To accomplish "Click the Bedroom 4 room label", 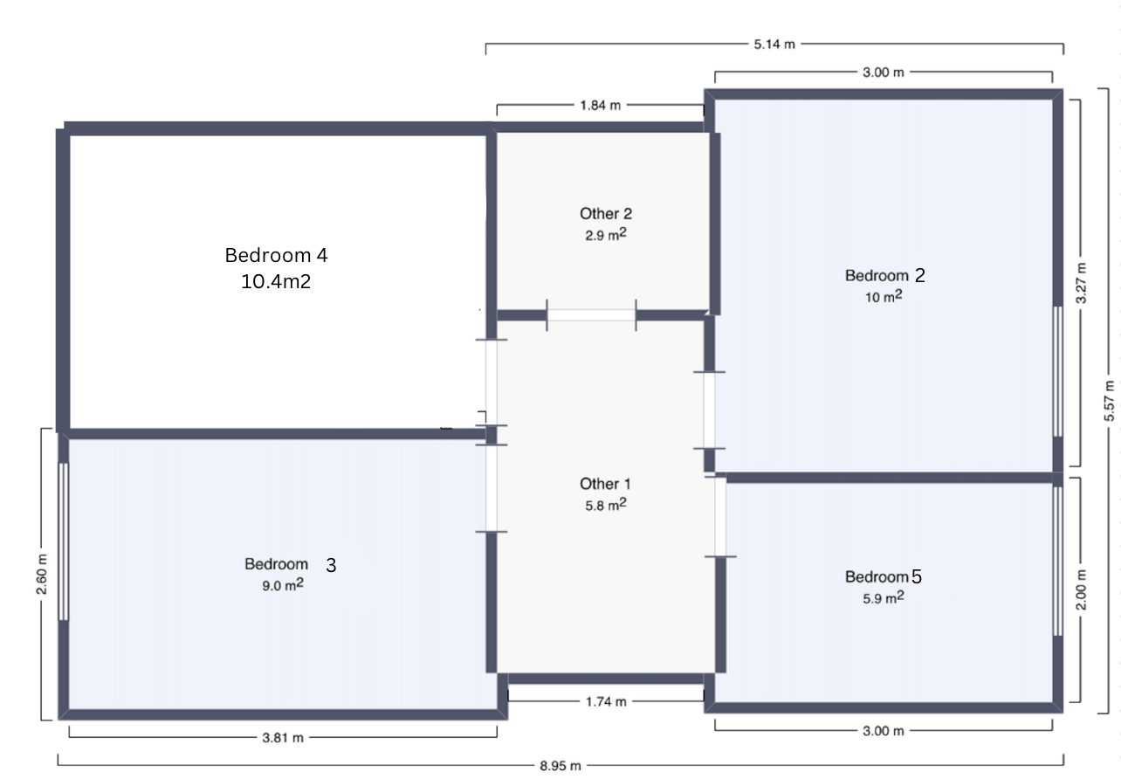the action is click(276, 255).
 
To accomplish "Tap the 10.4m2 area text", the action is click(276, 281).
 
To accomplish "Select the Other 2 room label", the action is click(606, 214).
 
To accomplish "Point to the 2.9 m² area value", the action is click(606, 234).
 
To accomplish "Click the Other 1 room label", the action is click(605, 484).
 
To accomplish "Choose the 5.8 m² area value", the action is click(606, 504).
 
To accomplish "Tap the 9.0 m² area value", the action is click(283, 584).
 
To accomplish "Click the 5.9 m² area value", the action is click(884, 597).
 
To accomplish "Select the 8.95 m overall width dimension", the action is click(560, 766).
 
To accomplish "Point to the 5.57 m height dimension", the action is click(1109, 401).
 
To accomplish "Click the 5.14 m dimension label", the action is click(774, 44).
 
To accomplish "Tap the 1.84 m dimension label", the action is click(600, 105).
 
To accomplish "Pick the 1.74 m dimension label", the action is click(606, 701).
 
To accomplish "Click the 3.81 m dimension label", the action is click(283, 737).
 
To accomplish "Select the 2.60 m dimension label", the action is click(41, 575).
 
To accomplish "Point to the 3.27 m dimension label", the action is click(1081, 283).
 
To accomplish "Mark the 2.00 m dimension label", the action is click(1081, 589).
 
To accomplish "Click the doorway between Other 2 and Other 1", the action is click(592, 315).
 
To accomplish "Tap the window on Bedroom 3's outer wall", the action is click(64, 541).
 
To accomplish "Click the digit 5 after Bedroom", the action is click(917, 576).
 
